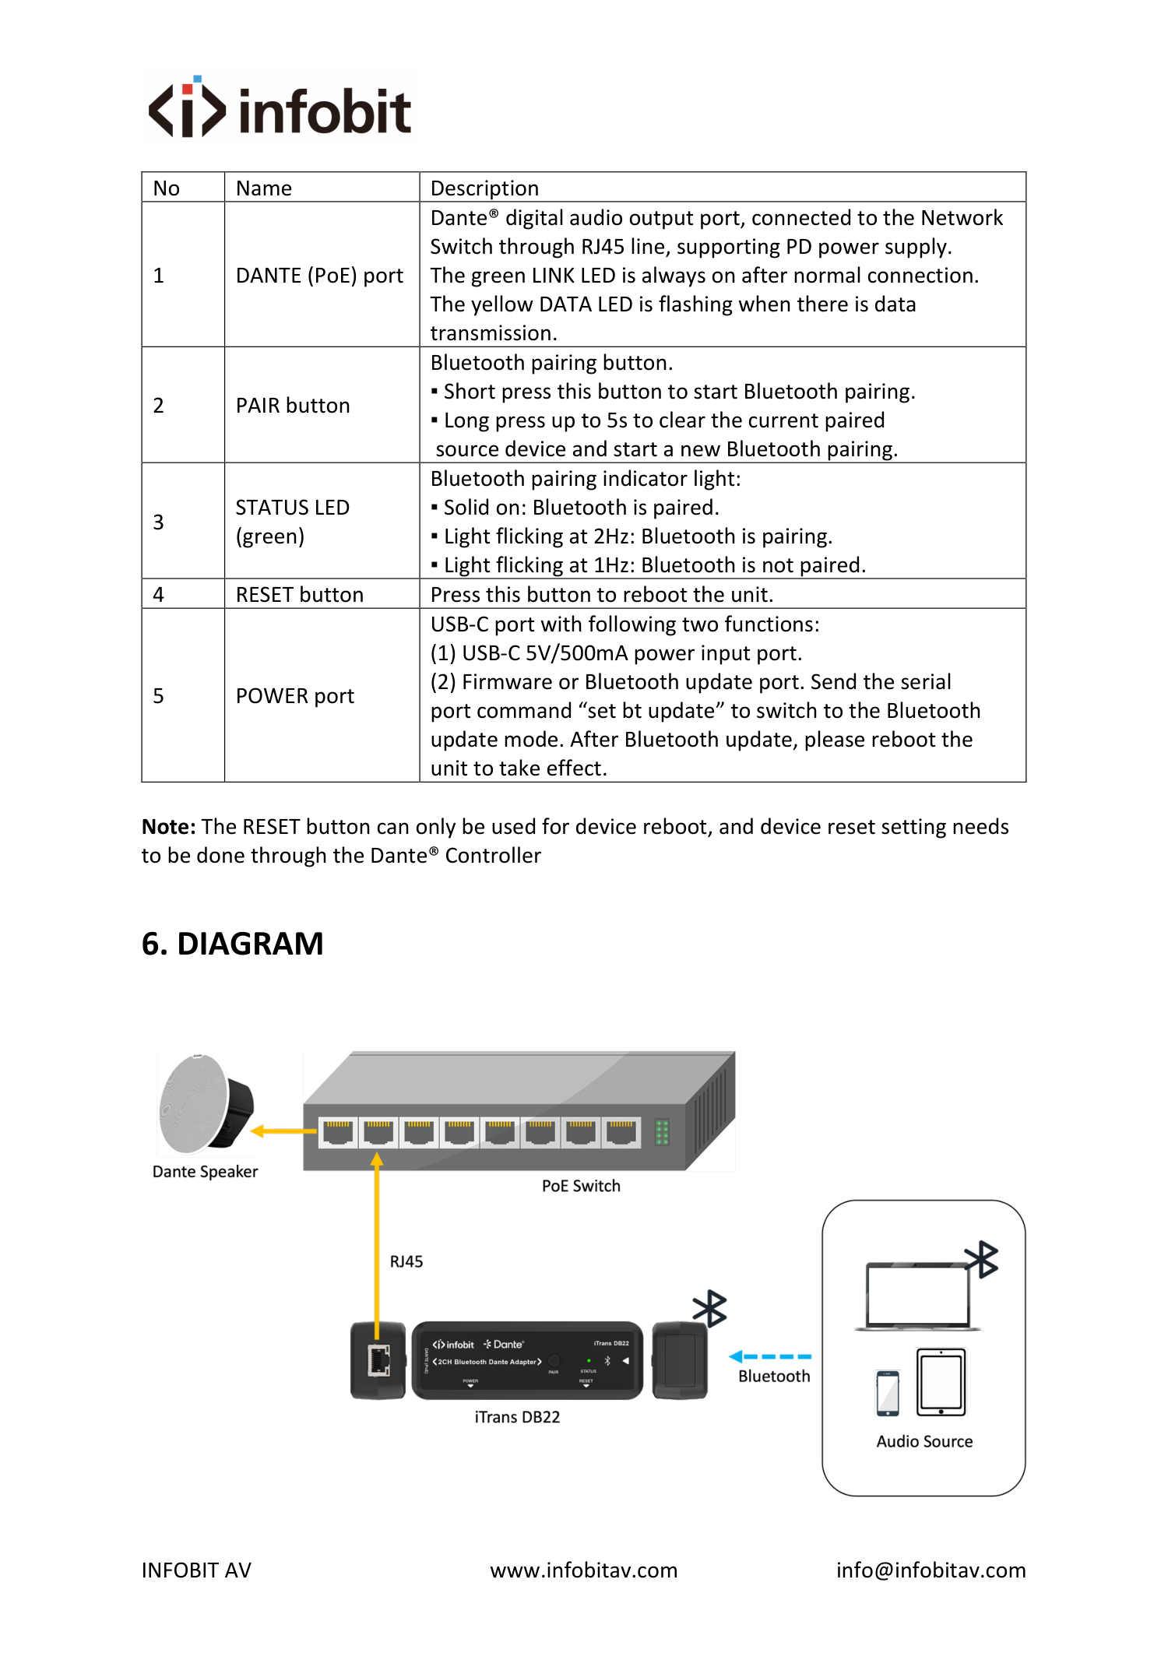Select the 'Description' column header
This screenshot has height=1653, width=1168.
coord(484,188)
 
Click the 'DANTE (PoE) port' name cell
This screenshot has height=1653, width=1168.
coord(319,276)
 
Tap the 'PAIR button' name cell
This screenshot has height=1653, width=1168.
coord(293,406)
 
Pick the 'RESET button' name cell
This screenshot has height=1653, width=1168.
coord(300,595)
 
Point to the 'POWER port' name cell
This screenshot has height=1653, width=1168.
coord(295,696)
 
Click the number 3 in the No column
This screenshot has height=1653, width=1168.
coord(159,522)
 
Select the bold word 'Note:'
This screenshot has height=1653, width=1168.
coord(169,827)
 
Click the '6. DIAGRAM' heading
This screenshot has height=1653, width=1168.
coord(232,944)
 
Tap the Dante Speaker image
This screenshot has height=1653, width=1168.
coord(206,1103)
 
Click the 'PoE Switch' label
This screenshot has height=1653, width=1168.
coord(581,1186)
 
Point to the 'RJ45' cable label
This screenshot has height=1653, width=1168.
coord(406,1261)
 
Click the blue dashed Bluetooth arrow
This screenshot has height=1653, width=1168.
coord(770,1356)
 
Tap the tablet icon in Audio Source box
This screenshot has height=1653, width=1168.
coord(941,1382)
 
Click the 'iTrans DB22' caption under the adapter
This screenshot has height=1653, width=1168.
coord(517,1417)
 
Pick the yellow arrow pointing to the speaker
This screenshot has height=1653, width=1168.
coord(283,1131)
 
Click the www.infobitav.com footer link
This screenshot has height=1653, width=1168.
coord(584,1570)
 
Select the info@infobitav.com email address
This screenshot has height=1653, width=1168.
coord(931,1570)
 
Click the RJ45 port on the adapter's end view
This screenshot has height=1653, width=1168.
coord(379,1360)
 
